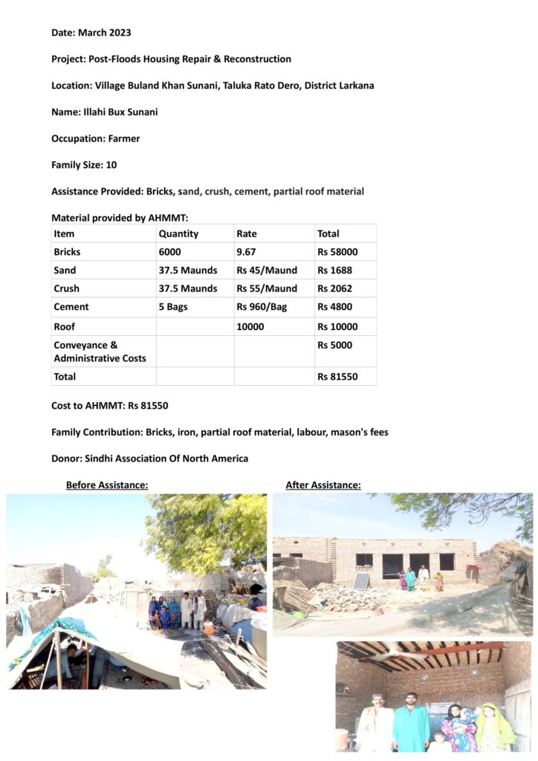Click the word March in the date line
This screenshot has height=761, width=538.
[92, 33]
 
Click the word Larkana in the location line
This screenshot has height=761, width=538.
[356, 85]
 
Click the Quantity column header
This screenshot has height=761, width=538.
[178, 233]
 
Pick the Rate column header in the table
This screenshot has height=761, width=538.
[247, 233]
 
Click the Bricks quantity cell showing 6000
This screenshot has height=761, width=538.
[169, 252]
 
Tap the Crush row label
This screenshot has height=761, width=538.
[66, 288]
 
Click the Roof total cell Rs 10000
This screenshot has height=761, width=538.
[337, 326]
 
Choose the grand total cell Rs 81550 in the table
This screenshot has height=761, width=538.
[337, 377]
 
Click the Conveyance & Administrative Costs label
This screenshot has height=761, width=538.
[100, 352]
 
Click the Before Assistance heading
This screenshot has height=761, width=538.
[107, 485]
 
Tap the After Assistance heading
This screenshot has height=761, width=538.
[323, 485]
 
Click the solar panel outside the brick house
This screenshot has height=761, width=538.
[360, 581]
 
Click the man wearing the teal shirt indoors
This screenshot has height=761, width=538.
[409, 722]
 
